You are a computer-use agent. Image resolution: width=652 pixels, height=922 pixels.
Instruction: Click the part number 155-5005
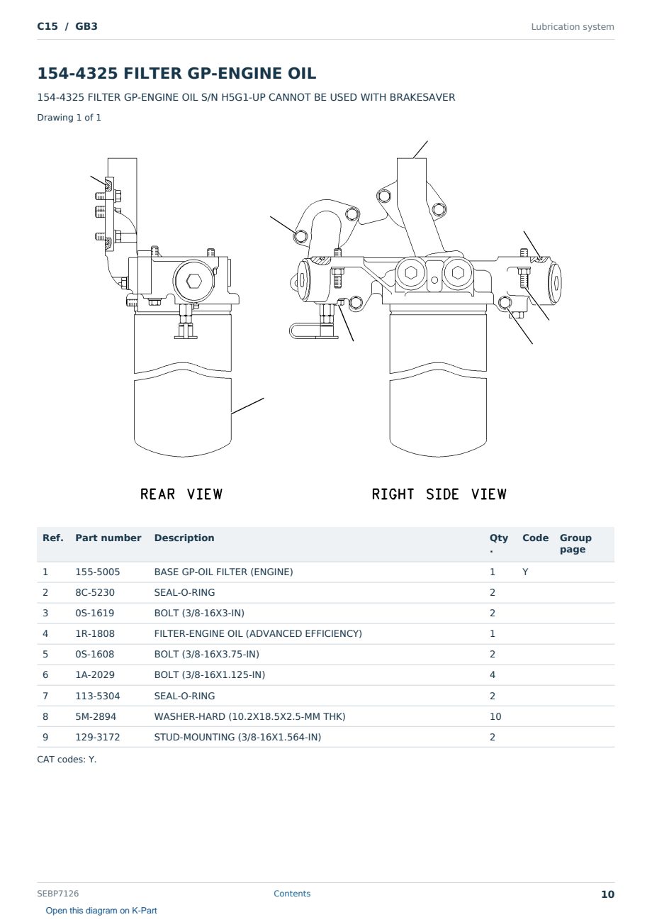98,572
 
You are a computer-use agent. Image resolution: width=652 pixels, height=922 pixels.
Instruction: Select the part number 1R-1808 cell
95,633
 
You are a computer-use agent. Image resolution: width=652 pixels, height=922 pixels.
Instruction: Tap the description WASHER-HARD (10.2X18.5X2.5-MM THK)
249,716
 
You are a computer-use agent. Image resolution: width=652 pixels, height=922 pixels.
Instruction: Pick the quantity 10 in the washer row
495,716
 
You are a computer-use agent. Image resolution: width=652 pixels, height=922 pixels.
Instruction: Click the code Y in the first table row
525,572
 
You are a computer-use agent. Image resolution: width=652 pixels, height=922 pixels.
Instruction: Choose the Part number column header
108,538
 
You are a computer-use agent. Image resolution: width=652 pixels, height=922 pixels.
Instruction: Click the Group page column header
575,544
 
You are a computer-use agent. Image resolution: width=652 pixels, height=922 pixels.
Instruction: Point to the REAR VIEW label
181,494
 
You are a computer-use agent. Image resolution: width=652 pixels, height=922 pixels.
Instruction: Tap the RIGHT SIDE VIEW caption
439,494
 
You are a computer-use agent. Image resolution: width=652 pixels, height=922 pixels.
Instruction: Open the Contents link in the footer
292,894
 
